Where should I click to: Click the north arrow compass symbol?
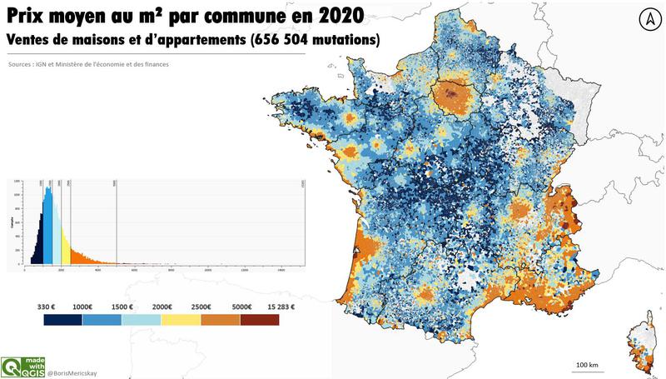pyautogui.click(x=646, y=19)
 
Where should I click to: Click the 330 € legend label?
pyautogui.click(x=47, y=306)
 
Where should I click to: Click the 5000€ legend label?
pyautogui.click(x=242, y=306)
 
